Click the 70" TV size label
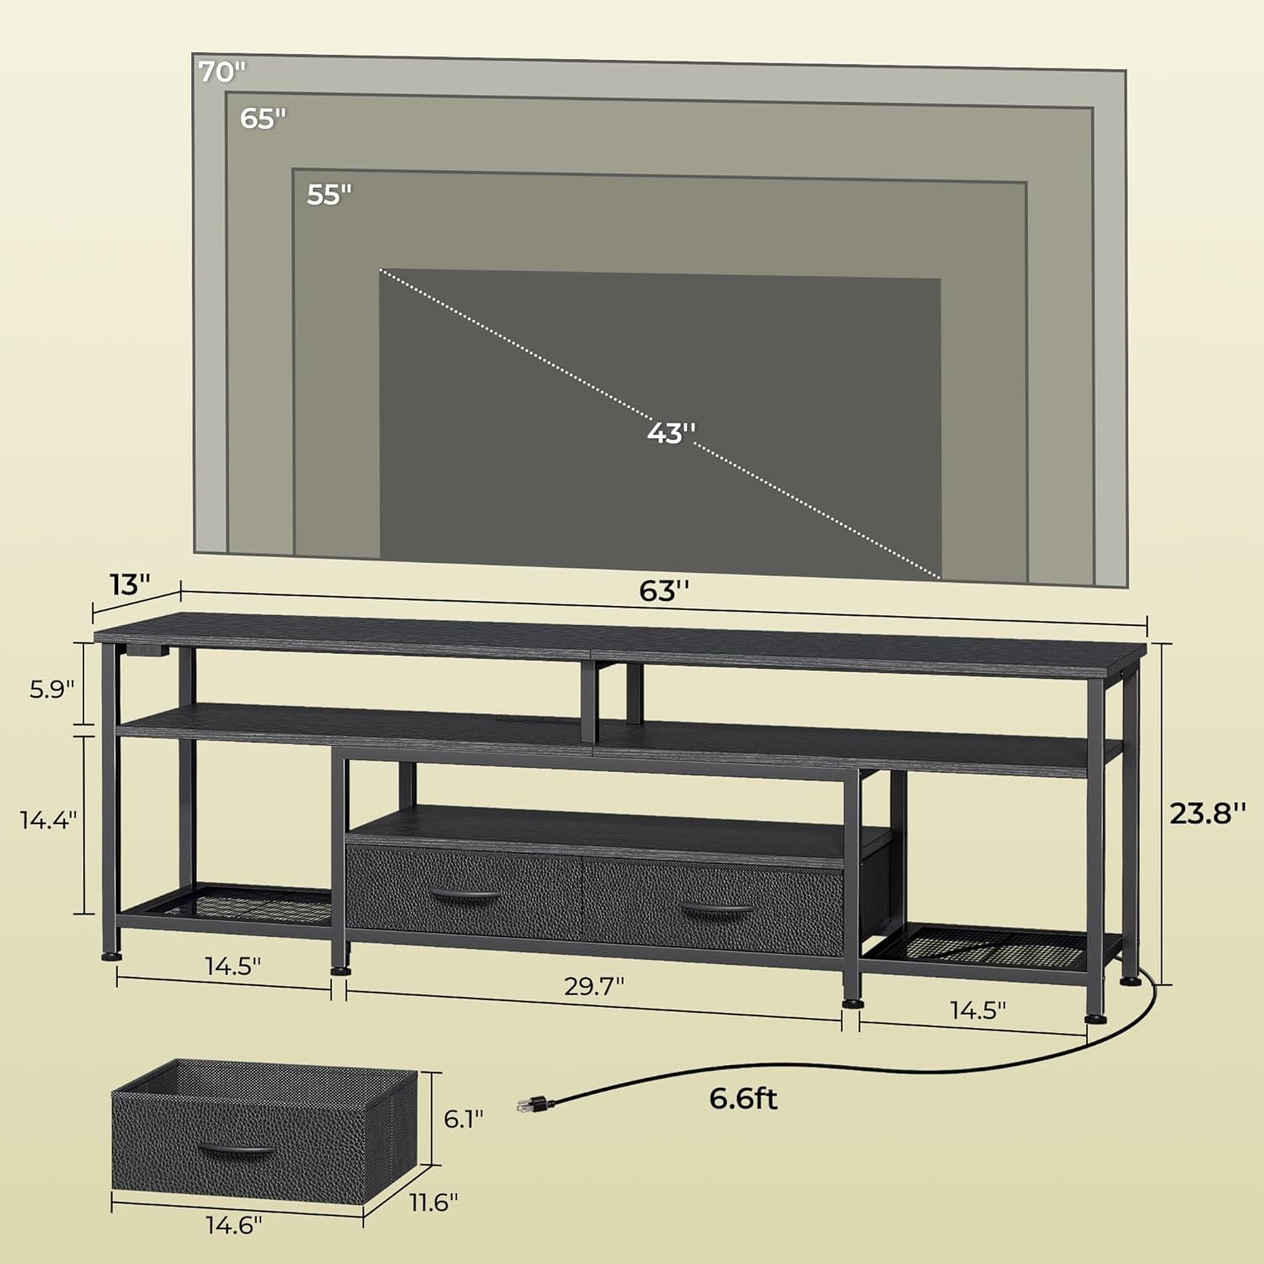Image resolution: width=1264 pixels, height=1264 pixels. (222, 72)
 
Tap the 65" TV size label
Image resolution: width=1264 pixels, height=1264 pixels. (263, 119)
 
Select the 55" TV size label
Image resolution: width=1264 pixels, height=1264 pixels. (329, 195)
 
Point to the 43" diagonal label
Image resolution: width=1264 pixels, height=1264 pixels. (672, 433)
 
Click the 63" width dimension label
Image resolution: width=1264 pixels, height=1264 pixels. (665, 592)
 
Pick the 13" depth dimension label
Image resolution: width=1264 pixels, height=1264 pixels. (129, 584)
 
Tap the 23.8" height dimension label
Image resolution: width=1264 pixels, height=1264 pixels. (1208, 813)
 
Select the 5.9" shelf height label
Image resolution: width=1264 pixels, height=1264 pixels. (52, 689)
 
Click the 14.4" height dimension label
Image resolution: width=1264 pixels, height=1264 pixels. (49, 819)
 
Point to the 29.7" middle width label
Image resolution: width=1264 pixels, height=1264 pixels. (594, 986)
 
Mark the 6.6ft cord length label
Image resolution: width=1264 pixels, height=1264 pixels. (743, 1099)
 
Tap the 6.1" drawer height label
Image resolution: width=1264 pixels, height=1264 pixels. (463, 1118)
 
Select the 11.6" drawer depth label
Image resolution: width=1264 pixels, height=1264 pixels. (434, 1202)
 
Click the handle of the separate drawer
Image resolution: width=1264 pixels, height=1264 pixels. (237, 1150)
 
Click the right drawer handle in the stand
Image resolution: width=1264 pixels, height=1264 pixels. (716, 910)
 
